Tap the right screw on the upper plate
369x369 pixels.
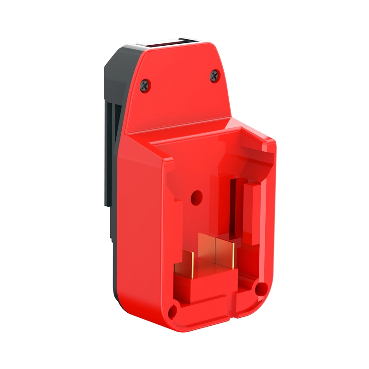tap(214, 75)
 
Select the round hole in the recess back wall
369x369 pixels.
tap(196, 197)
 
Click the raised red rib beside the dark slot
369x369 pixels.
tap(251, 212)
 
